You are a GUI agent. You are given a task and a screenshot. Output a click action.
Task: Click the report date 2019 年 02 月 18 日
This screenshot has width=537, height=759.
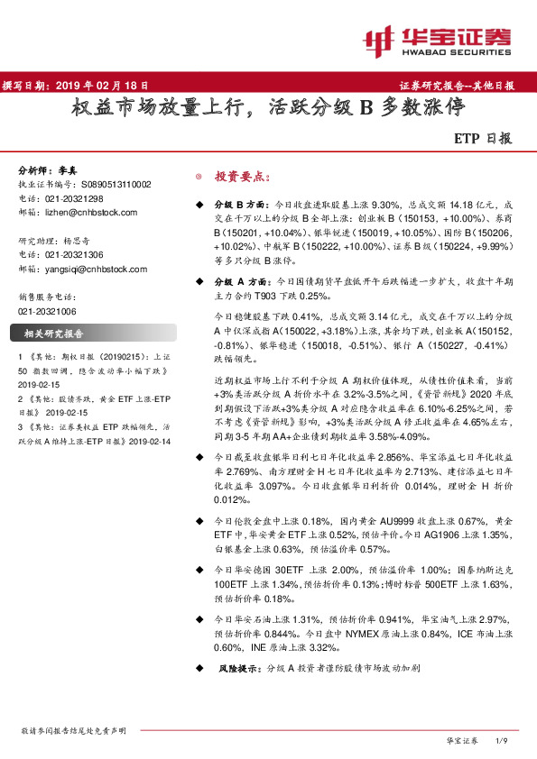click(102, 86)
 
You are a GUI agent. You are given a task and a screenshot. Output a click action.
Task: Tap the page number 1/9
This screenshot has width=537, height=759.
click(504, 740)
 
